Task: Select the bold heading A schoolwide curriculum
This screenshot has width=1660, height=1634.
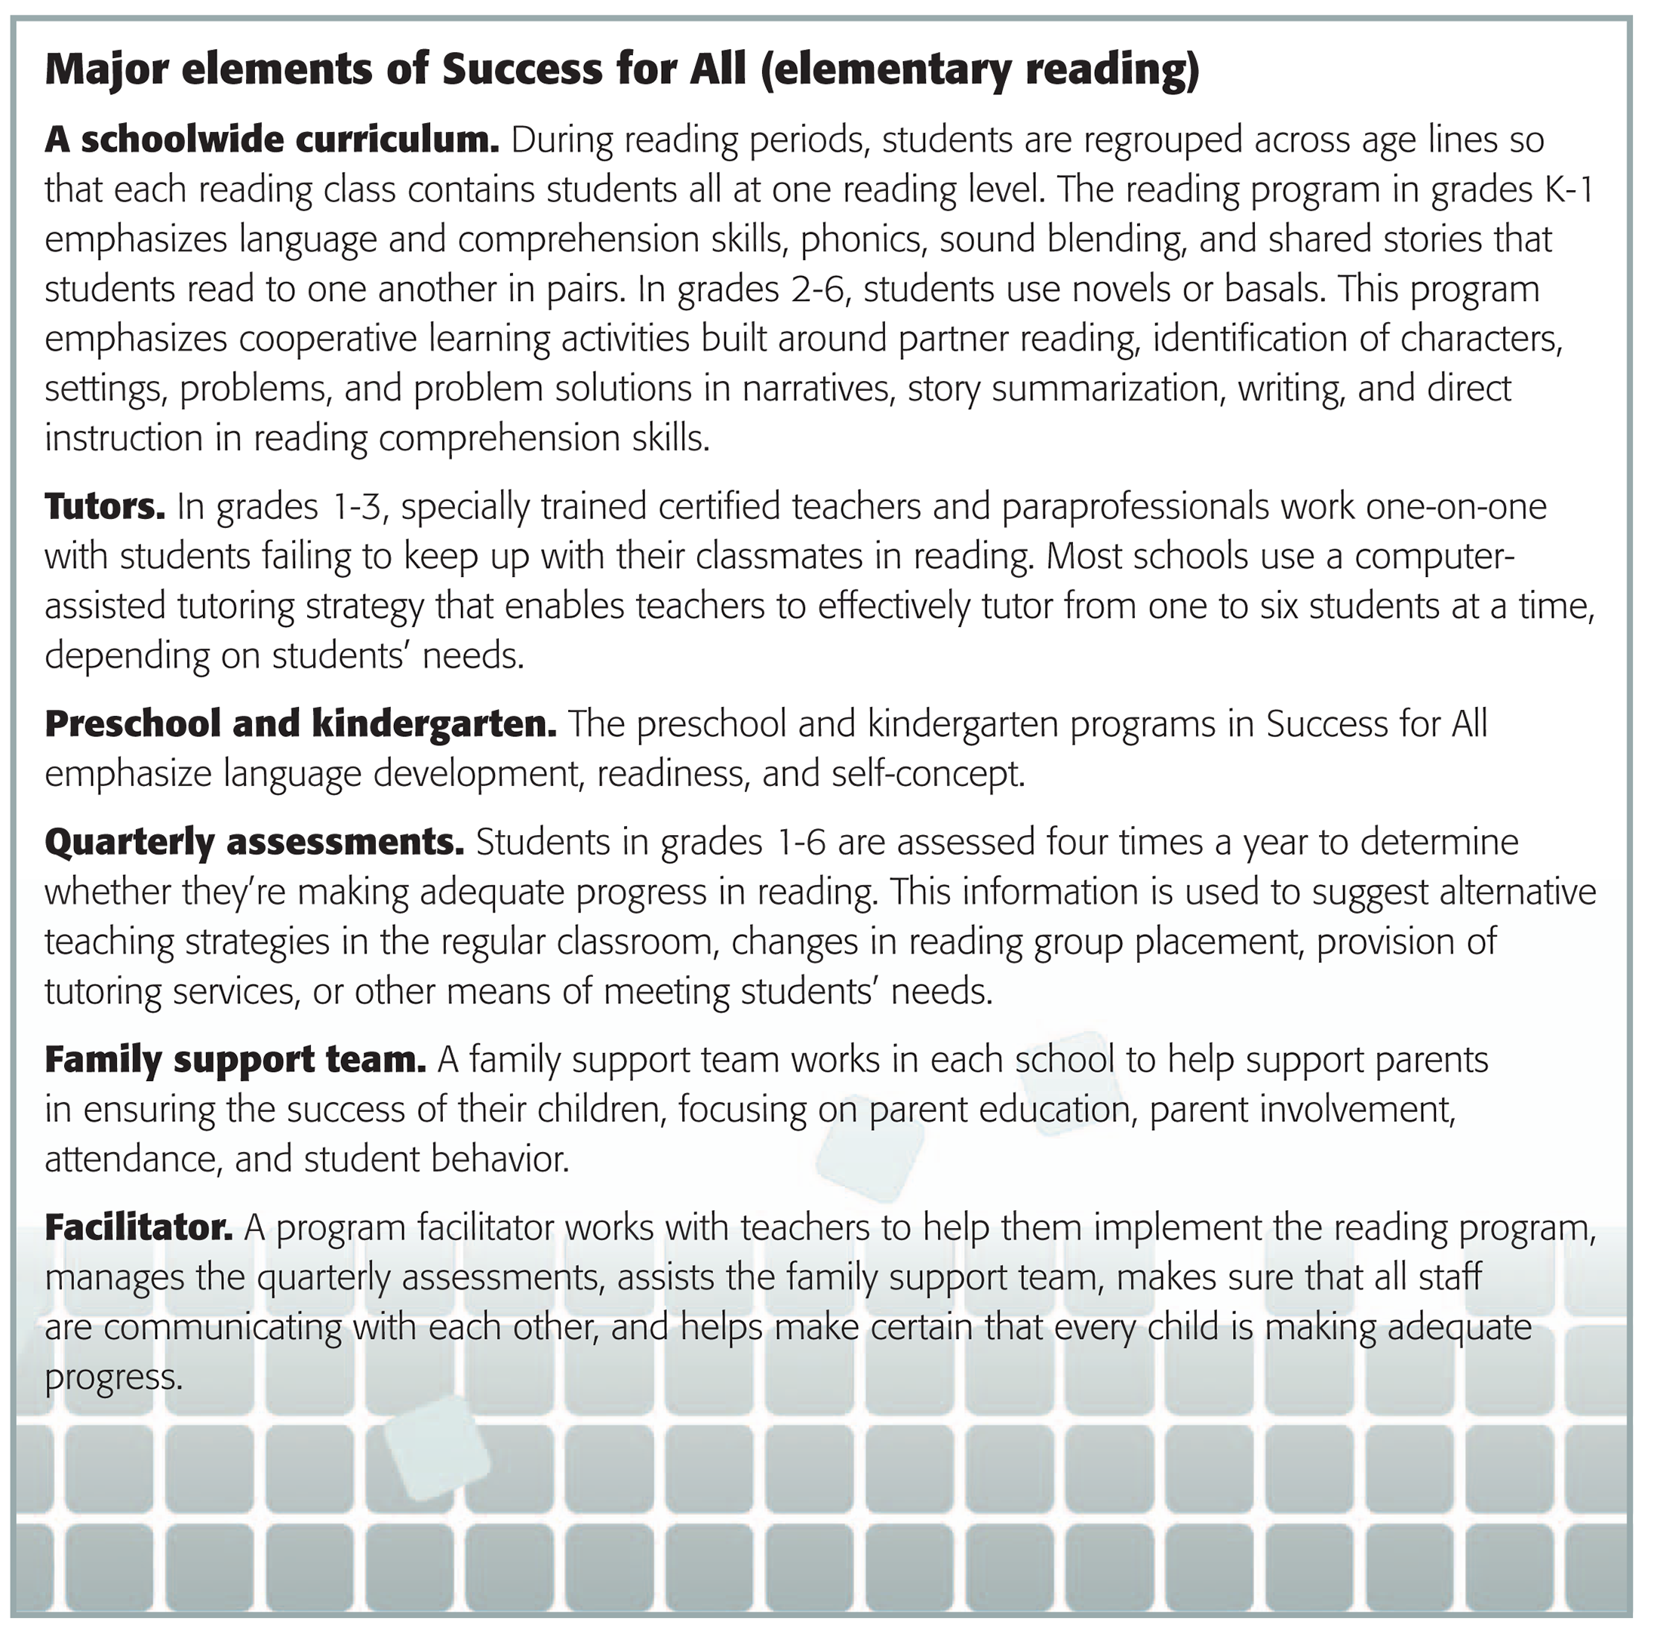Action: (x=271, y=140)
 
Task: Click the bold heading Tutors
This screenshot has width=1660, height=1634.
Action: (x=105, y=506)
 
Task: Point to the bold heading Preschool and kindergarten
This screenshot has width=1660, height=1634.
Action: (x=300, y=723)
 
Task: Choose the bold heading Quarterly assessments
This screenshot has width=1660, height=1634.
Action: (x=254, y=842)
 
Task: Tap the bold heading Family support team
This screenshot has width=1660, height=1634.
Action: (x=235, y=1060)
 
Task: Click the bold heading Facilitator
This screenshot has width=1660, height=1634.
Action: (x=138, y=1227)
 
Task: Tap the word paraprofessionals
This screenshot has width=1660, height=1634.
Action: (x=1135, y=506)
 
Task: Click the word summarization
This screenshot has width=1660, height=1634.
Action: (x=1106, y=389)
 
